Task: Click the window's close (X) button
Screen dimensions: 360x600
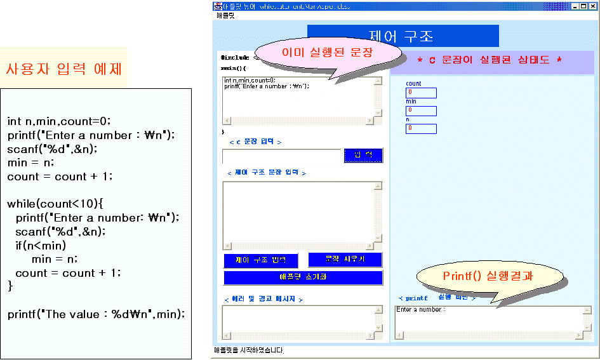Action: [x=592, y=6]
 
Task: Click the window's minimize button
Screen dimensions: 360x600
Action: [x=575, y=6]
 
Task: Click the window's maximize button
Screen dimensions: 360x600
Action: [x=583, y=6]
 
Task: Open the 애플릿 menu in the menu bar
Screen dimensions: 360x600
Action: [x=225, y=15]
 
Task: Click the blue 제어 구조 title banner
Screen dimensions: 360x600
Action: [x=403, y=36]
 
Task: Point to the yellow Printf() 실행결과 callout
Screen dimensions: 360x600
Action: [x=490, y=276]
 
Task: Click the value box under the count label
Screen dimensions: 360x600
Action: [x=421, y=93]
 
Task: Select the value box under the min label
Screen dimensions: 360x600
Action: [x=421, y=111]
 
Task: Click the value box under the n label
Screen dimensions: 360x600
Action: [x=421, y=129]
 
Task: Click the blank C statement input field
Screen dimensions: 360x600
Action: [x=281, y=156]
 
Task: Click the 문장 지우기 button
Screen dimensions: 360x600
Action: [x=345, y=260]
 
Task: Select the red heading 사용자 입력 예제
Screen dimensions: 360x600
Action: [x=63, y=69]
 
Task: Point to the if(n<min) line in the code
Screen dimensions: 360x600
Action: [x=41, y=245]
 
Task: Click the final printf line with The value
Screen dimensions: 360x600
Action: [x=96, y=314]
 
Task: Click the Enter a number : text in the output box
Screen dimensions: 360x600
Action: [x=420, y=310]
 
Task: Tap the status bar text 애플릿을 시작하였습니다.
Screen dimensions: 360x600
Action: [x=249, y=350]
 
